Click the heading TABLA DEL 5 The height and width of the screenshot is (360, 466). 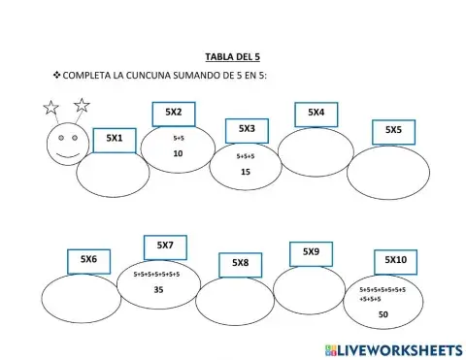click(233, 57)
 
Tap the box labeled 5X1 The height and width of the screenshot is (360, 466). click(115, 139)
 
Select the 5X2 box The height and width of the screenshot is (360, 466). click(174, 114)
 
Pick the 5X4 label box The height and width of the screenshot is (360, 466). click(316, 114)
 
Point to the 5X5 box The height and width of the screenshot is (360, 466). click(393, 131)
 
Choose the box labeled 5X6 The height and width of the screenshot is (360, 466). click(88, 260)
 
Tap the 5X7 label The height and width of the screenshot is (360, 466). click(165, 246)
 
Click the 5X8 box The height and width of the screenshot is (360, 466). click(240, 264)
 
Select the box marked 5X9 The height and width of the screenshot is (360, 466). click(311, 253)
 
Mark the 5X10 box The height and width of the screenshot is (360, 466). click(395, 261)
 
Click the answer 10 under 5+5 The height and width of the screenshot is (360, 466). click(178, 154)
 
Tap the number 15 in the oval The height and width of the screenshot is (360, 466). click(245, 172)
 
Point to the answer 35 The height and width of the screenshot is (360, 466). click(159, 290)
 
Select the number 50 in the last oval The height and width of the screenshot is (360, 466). click(383, 314)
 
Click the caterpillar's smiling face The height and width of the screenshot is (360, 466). click(66, 144)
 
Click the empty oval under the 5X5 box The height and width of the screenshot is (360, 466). click(388, 172)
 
